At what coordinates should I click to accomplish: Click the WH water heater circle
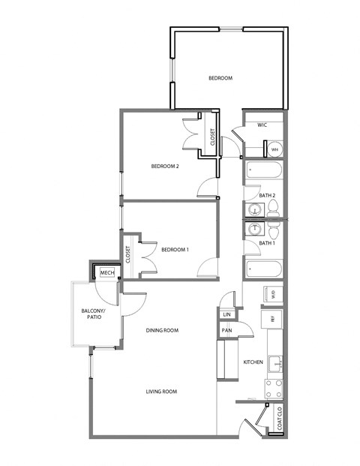[274, 149]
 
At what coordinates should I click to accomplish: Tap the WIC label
[262, 125]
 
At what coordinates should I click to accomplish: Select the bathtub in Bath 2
[262, 172]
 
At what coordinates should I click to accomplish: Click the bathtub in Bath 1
[262, 269]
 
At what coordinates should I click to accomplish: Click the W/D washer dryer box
[273, 294]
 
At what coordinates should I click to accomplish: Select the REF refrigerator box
[273, 319]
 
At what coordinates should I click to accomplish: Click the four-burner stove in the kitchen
[274, 388]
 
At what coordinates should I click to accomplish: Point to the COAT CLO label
[279, 419]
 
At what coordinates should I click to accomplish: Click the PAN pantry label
[226, 330]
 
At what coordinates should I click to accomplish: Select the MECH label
[106, 272]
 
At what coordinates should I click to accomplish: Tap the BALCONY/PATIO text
[94, 314]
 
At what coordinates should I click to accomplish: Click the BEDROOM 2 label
[165, 167]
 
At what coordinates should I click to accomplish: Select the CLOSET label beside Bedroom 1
[128, 254]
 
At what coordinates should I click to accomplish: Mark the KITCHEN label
[252, 362]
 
